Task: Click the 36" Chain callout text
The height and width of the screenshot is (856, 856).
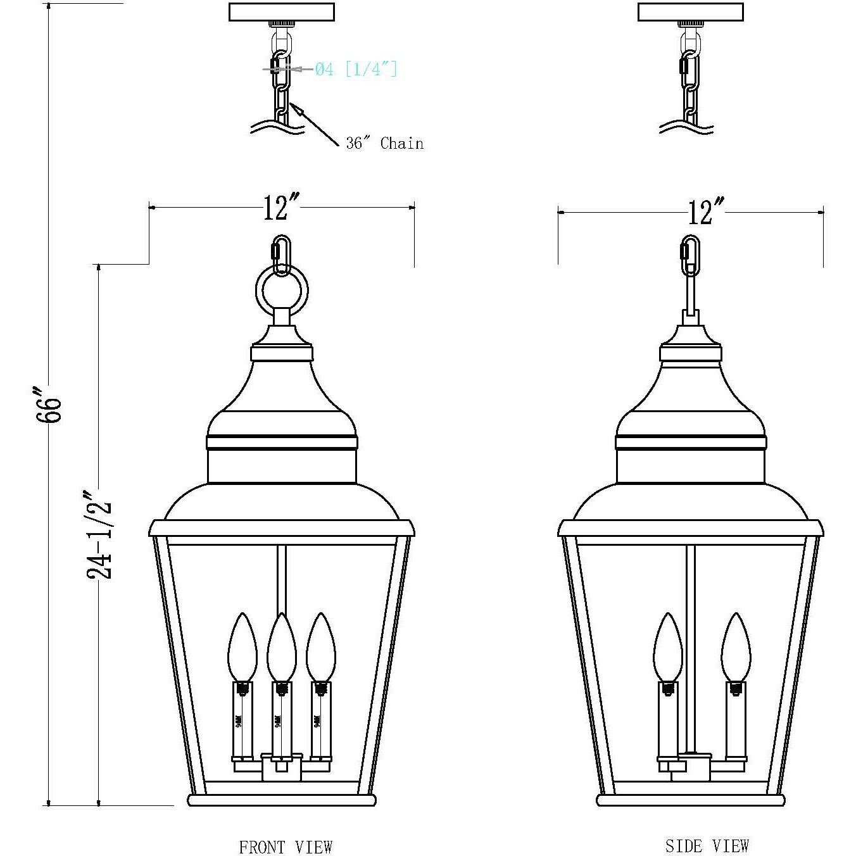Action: click(384, 144)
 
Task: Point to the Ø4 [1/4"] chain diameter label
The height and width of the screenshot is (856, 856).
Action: click(356, 68)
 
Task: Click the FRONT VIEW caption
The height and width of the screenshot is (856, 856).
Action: click(285, 847)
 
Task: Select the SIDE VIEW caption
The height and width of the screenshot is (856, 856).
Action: click(707, 845)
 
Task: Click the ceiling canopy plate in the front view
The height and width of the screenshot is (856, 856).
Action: click(281, 12)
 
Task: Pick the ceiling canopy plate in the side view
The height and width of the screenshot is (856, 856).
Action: click(689, 12)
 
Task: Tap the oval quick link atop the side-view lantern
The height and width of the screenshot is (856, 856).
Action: click(690, 255)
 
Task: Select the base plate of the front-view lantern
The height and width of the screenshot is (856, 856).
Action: click(282, 800)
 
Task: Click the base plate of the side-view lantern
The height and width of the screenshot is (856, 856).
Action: click(691, 800)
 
